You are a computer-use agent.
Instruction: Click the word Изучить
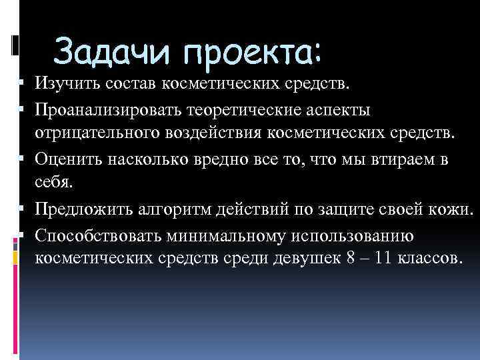click(70, 85)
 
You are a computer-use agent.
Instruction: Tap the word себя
click(51, 183)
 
